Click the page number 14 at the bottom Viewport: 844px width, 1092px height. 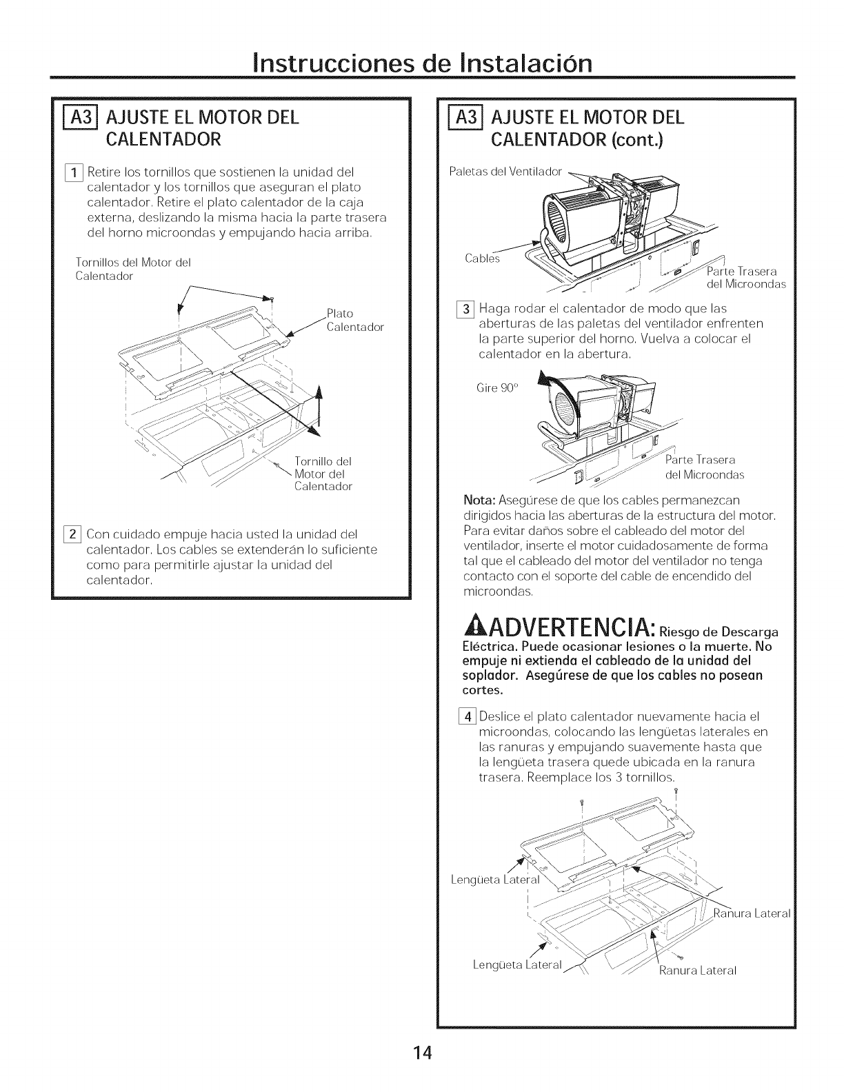tap(422, 1053)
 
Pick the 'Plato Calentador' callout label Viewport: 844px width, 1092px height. tap(354, 321)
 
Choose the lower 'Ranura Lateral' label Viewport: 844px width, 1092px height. tap(698, 971)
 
